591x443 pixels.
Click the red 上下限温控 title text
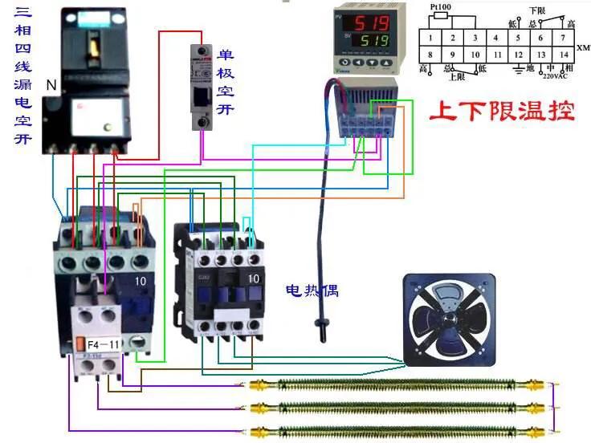[x=502, y=110]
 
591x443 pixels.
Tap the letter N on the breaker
[x=51, y=83]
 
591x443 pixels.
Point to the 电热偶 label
[x=312, y=290]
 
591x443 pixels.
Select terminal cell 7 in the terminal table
[x=564, y=38]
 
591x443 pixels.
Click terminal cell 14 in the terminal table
[x=564, y=55]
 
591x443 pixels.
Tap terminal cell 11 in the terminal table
[x=497, y=55]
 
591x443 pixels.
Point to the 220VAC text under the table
[x=553, y=76]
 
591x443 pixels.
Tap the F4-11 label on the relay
[x=104, y=343]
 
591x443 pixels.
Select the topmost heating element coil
[x=401, y=384]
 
